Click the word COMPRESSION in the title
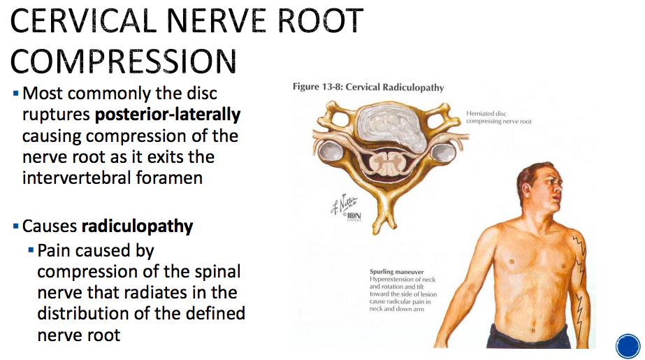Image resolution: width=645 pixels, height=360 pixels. coord(124,61)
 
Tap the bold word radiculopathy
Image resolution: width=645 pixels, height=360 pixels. coord(137,226)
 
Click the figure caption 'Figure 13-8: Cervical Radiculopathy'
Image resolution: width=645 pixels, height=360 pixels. coord(368,87)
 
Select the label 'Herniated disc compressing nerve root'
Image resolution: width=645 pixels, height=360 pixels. coord(500,117)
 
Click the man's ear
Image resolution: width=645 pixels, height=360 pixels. coord(539,189)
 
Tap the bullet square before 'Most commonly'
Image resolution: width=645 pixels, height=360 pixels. coord(16,93)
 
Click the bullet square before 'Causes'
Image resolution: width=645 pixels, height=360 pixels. coord(16,227)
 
